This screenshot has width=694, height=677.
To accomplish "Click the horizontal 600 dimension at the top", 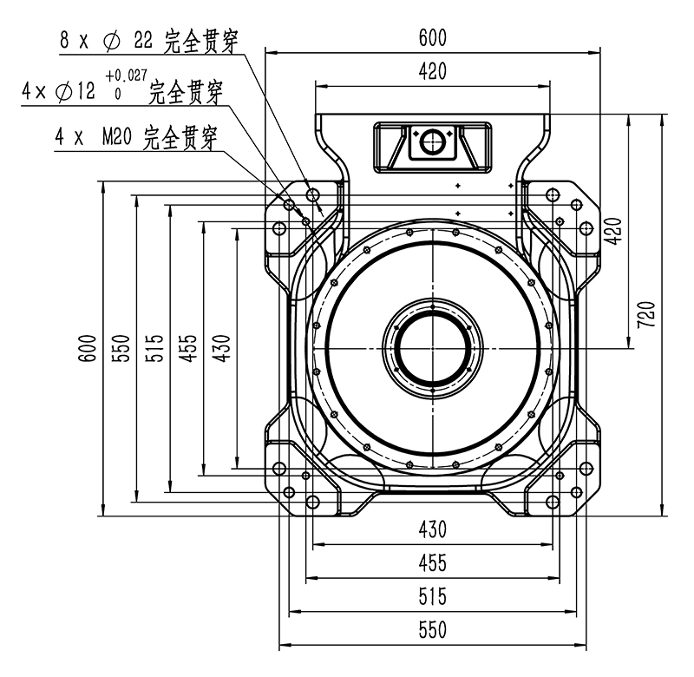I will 432,38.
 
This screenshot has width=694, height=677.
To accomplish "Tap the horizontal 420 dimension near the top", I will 432,72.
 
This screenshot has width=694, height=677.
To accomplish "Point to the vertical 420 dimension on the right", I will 613,230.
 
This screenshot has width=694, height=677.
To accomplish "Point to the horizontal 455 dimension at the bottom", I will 432,563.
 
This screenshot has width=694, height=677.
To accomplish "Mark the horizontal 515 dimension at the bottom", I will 432,596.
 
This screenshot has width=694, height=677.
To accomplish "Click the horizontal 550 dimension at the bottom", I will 432,630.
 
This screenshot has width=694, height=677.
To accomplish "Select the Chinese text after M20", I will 180,137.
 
